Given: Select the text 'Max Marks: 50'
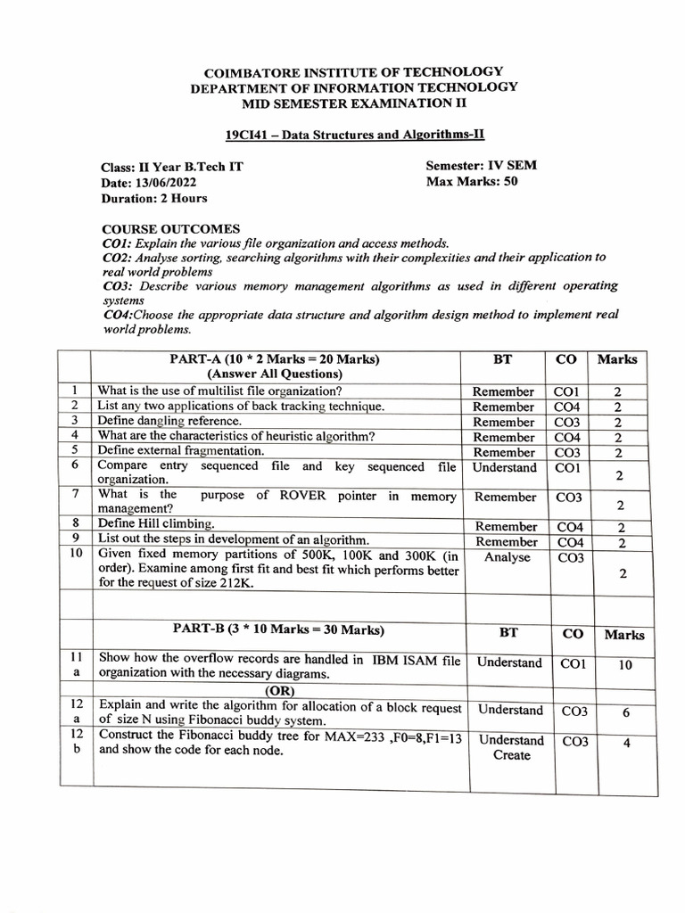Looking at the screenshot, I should point(472,182).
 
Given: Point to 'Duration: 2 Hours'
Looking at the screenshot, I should point(154,198).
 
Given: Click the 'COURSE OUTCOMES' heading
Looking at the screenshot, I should point(170,229).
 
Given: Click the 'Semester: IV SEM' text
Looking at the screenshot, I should point(481,166).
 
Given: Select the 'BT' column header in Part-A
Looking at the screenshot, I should point(502,359).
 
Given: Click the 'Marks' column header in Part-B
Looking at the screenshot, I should point(623,635).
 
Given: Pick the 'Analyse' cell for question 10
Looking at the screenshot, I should point(507,557).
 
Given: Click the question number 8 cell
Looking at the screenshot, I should point(77,523).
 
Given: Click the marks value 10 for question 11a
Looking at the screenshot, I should point(624,665).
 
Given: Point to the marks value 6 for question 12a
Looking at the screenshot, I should point(626,712).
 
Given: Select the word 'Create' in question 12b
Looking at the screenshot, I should point(511,755).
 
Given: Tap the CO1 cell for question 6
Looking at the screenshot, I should point(567,467).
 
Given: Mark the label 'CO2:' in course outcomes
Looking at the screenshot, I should point(119,258).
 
